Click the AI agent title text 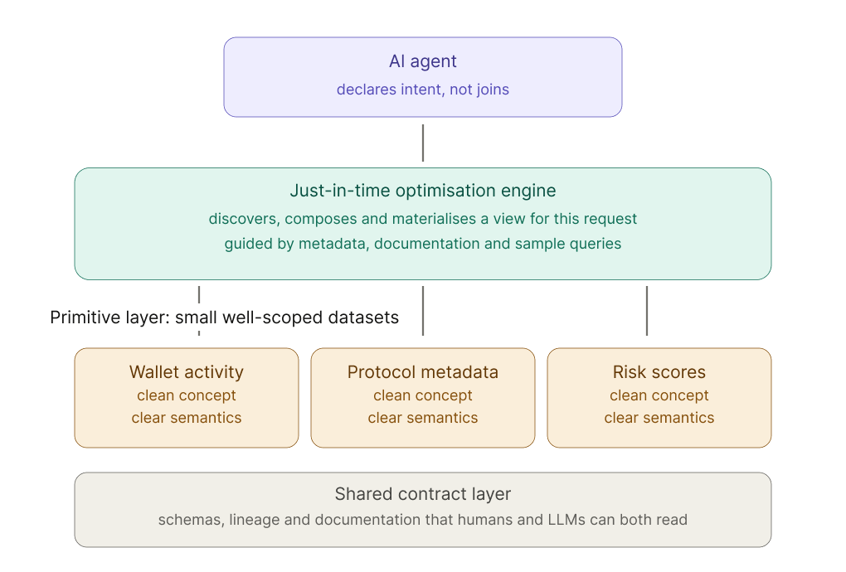422,61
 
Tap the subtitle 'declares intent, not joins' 422,90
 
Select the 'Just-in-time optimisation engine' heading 422,191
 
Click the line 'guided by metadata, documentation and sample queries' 422,244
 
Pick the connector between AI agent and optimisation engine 423,143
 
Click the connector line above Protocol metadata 423,311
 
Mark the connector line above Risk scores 647,311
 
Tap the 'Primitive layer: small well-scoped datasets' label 225,318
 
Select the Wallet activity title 186,372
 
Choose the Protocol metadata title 422,372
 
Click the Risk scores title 659,372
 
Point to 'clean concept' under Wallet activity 186,395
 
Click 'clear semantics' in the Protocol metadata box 422,418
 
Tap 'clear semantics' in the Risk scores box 659,418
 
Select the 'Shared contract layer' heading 422,494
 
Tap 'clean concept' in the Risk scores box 659,395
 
